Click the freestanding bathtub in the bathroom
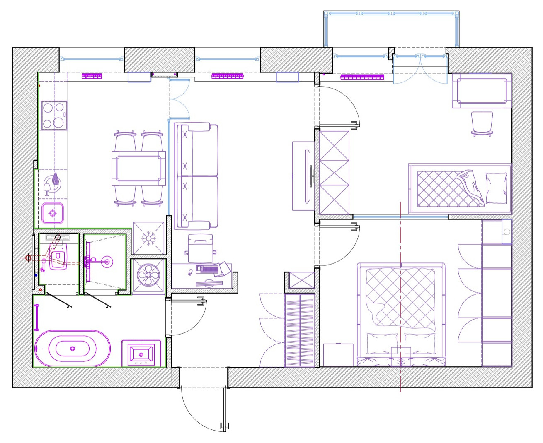point(73,349)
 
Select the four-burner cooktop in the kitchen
point(54,116)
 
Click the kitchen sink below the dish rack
point(53,213)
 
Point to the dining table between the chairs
point(138,168)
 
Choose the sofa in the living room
point(196,176)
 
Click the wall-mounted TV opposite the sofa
point(308,176)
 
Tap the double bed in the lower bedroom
point(401,315)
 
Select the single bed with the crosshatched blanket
point(460,189)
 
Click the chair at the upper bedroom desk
point(482,123)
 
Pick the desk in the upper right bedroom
point(482,91)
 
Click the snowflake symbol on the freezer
point(148,238)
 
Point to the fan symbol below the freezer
point(148,275)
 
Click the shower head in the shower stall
point(107,261)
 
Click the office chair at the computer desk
point(200,248)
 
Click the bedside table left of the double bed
point(338,355)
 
